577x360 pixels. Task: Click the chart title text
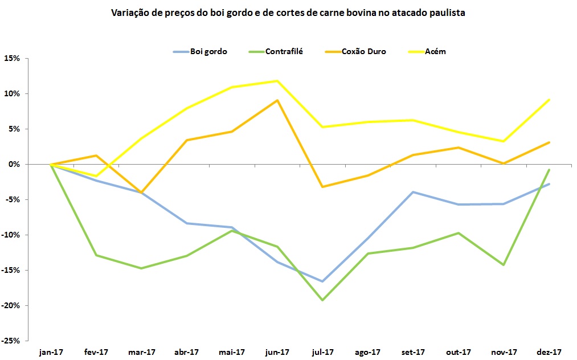click(288, 13)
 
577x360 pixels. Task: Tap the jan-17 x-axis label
click(51, 352)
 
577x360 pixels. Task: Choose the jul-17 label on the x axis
click(323, 352)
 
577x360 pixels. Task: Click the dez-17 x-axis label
click(550, 352)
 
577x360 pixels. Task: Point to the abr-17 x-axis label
click(187, 352)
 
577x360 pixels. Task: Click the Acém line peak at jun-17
click(277, 81)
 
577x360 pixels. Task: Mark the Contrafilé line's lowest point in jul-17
click(323, 300)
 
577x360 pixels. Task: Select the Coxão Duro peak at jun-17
click(277, 100)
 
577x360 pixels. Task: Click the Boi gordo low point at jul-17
click(323, 281)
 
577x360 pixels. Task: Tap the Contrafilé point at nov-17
click(504, 265)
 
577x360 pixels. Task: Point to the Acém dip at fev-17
click(96, 176)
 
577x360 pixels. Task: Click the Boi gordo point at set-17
click(414, 192)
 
